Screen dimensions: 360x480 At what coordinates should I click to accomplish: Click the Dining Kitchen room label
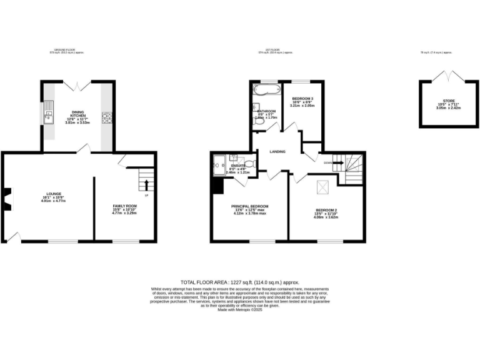pyautogui.click(x=77, y=116)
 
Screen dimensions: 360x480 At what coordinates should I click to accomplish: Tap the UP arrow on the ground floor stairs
pyautogui.click(x=147, y=184)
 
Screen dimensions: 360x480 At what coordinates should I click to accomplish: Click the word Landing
pyautogui.click(x=277, y=152)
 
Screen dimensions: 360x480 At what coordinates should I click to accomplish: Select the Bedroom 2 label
pyautogui.click(x=326, y=212)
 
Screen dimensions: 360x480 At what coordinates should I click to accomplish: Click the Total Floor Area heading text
pyautogui.click(x=240, y=282)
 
